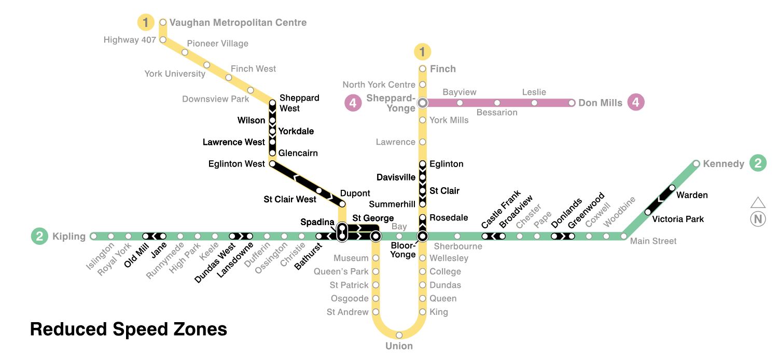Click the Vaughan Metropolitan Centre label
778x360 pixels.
pos(238,22)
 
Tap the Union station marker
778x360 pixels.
pos(399,335)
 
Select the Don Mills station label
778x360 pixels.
pos(600,103)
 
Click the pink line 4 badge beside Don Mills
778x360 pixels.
pos(636,102)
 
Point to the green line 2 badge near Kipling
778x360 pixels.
pos(39,237)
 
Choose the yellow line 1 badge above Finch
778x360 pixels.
pos(422,51)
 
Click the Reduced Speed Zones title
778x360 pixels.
pos(129,329)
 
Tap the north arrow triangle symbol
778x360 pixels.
pos(758,202)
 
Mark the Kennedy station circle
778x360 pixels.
pos(696,163)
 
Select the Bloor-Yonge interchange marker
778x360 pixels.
pos(422,237)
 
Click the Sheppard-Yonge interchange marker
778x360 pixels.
pos(422,103)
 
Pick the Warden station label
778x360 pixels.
pos(692,195)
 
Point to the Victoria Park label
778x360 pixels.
pos(678,219)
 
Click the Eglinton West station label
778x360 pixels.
pos(237,164)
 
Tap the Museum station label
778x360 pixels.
pos(351,258)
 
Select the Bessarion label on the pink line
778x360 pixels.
pos(497,113)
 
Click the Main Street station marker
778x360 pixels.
pos(624,237)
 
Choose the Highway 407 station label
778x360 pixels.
pos(130,39)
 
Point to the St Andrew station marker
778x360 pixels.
pos(376,312)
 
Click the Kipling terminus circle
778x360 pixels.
pos(93,237)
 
